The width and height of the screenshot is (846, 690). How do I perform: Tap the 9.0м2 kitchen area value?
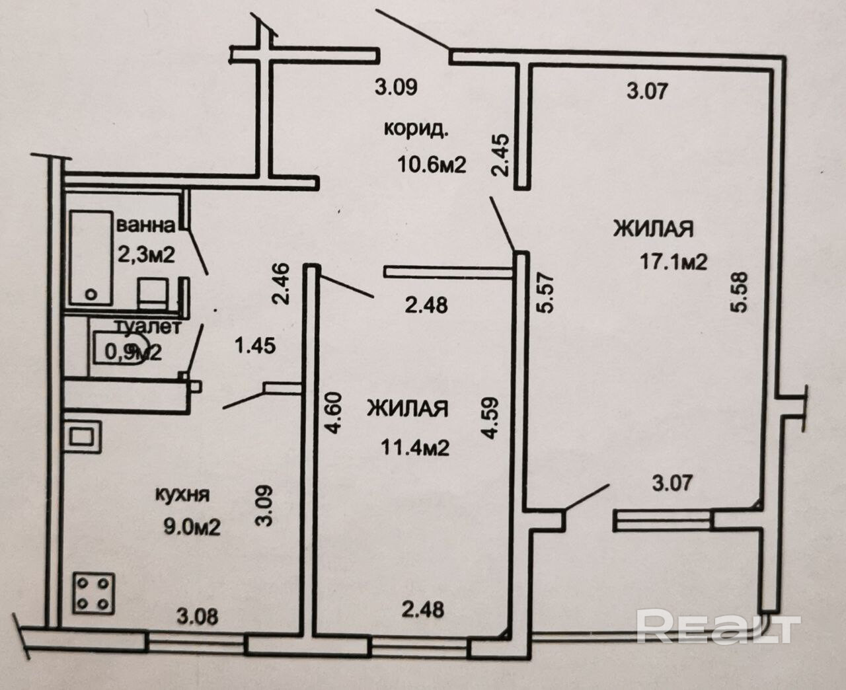[x=191, y=527]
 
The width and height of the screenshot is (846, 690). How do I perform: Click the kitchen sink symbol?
[x=83, y=437]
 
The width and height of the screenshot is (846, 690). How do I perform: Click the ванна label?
[x=146, y=225]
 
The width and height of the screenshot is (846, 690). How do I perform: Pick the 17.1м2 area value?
[x=673, y=262]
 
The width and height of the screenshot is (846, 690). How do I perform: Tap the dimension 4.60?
[x=334, y=412]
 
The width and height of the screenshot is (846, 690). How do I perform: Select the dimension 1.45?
[x=256, y=345]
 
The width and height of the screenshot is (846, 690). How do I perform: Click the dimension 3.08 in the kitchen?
[x=197, y=617]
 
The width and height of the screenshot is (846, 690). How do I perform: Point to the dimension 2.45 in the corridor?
[x=500, y=156]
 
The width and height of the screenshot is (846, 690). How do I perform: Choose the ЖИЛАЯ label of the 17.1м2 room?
[x=654, y=229]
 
